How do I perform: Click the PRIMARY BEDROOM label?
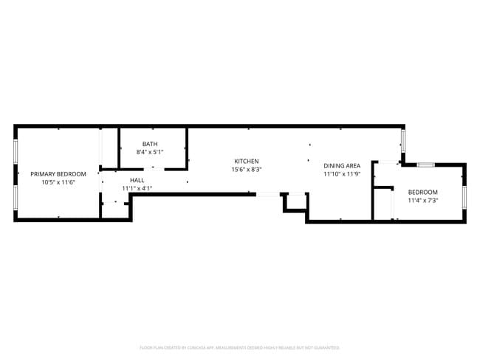coord(58,174)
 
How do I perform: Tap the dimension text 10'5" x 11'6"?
coord(58,182)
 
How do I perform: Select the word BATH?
coord(150,144)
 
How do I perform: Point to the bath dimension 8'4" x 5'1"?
coord(150,152)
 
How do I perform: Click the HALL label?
coord(137,180)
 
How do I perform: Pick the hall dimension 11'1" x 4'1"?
coord(137,188)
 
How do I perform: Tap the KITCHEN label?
coord(246,161)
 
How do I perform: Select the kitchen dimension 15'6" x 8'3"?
coord(246,169)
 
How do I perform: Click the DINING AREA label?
coord(342,166)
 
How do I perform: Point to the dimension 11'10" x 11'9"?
coord(342,174)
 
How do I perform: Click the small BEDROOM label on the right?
coord(422,192)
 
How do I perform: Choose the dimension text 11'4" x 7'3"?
coord(422,200)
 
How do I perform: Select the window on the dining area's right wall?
coord(403,140)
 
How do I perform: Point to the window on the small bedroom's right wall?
coord(464,198)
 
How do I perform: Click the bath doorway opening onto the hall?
coord(154,169)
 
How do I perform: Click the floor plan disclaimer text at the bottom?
coord(239,347)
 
